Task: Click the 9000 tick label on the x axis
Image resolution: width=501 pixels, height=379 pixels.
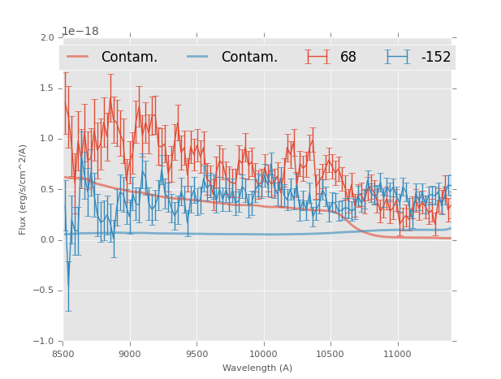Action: (x=130, y=354)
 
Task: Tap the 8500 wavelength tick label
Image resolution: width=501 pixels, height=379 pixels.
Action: (x=63, y=354)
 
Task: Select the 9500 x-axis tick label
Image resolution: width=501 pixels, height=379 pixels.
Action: (x=197, y=354)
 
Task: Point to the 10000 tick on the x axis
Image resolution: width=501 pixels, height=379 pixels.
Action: (x=263, y=354)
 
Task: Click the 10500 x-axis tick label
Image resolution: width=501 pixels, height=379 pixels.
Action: (x=330, y=354)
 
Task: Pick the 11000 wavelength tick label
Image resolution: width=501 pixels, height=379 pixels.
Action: (x=397, y=354)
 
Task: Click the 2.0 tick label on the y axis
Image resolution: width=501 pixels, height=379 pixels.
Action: (x=47, y=38)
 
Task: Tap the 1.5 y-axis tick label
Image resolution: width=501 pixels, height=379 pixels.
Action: (x=47, y=88)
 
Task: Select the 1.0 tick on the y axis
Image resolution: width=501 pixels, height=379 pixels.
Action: (x=47, y=139)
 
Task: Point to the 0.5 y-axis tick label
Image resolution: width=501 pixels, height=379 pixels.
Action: (x=47, y=190)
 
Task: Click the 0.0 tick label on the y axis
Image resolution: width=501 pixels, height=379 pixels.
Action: (x=47, y=240)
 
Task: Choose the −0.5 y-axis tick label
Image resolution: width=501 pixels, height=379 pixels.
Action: (x=45, y=291)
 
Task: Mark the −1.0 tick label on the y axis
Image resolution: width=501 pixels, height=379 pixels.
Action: (x=45, y=342)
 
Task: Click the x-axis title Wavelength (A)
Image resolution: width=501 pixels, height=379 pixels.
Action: (x=257, y=368)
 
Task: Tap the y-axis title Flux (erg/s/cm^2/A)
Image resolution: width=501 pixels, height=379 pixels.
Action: (x=24, y=189)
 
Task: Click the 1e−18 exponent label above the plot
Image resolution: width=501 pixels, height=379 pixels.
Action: (x=80, y=31)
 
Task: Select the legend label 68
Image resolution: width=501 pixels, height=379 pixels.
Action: (x=348, y=57)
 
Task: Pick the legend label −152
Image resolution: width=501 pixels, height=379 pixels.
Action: (x=435, y=57)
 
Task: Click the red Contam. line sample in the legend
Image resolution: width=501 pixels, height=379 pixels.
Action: (x=78, y=57)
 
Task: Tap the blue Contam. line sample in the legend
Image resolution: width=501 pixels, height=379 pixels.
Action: (x=198, y=57)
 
